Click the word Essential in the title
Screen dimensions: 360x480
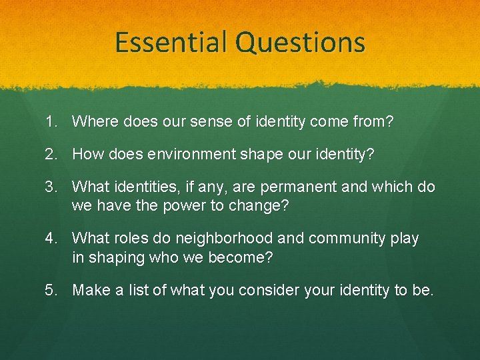(173, 42)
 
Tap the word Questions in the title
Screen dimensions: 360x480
(301, 42)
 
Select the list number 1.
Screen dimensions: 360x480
(51, 121)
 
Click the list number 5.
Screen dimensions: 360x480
(51, 290)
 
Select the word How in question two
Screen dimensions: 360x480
(87, 155)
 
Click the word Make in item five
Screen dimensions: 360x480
(90, 290)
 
